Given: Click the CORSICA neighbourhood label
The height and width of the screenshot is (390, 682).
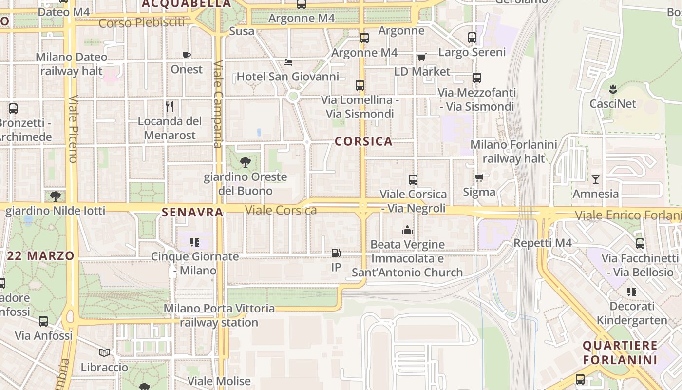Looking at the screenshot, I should tap(363, 141).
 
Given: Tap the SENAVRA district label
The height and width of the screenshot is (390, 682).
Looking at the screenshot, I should tap(192, 212).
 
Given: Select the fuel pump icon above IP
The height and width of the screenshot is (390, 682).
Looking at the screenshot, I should tap(336, 253).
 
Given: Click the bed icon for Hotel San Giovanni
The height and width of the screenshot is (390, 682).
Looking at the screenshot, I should tap(288, 62).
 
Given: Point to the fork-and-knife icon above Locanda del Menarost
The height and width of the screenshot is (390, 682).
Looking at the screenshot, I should tap(170, 106).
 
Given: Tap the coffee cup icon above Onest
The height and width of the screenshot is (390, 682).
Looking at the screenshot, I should tap(186, 55).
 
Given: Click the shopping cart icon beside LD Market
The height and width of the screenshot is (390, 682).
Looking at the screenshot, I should tap(422, 57).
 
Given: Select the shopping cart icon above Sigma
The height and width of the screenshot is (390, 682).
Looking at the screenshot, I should tap(479, 177).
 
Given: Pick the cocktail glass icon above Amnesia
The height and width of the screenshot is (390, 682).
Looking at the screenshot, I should tap(595, 179).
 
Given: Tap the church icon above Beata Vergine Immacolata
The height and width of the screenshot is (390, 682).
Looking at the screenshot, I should tap(407, 230).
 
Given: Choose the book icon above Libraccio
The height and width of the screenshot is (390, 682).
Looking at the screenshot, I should tap(104, 352).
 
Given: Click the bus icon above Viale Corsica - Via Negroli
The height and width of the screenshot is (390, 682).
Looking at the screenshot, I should tap(413, 179).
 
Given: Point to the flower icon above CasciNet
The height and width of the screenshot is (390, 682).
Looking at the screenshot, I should tap(613, 89).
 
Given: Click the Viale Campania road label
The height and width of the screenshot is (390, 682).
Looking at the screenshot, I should tap(218, 103).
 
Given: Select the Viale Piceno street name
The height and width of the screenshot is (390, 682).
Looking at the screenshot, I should tap(74, 129).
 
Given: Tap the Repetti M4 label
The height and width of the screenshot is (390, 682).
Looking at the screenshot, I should tap(543, 243).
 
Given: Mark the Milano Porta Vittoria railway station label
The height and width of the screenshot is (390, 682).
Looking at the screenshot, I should tap(219, 315).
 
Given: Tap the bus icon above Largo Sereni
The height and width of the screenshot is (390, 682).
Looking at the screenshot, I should tap(472, 37).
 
